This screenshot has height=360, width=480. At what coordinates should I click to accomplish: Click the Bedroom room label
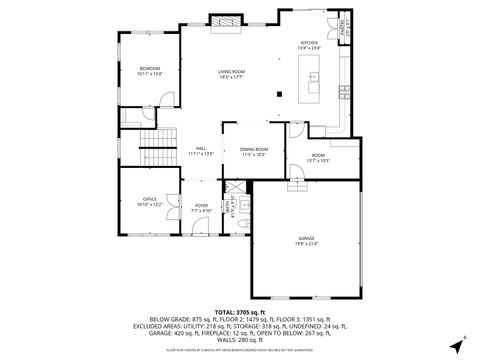150,70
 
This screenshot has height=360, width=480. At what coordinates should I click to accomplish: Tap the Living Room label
232,72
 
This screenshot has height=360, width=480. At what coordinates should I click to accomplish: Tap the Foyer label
201,208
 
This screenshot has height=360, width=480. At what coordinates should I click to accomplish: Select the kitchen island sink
313,78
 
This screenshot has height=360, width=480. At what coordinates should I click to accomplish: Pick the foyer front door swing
200,228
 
